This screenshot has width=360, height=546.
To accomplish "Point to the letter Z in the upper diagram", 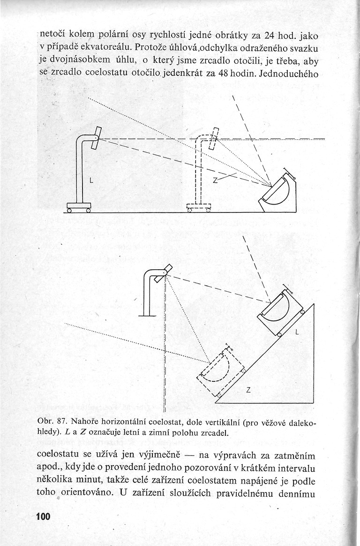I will click(215, 180).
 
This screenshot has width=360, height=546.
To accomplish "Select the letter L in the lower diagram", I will click(297, 332).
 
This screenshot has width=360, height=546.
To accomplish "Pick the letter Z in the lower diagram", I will click(248, 390).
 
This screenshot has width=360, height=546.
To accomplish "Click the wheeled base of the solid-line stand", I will click(78, 207).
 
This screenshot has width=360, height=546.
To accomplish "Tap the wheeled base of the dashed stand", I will click(198, 207).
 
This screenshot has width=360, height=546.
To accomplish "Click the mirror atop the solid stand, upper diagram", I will click(96, 138).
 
